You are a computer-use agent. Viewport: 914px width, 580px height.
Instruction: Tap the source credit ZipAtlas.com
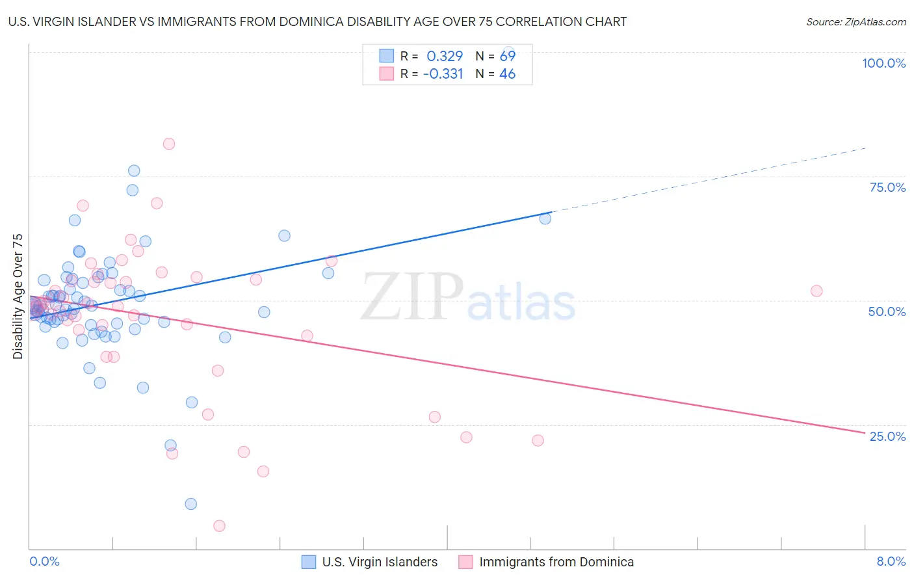855,21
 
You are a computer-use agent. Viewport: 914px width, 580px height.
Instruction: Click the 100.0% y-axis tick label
883,63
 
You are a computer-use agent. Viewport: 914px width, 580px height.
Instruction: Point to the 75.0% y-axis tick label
887,187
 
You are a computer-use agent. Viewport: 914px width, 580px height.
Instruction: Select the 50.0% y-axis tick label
887,311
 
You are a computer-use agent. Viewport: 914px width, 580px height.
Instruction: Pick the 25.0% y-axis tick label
887,436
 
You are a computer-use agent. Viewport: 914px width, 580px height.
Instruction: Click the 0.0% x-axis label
44,562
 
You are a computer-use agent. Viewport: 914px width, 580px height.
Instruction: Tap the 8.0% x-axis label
891,562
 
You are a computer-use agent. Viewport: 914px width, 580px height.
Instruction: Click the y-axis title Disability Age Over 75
18,297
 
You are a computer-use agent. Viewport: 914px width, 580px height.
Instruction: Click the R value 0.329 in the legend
445,57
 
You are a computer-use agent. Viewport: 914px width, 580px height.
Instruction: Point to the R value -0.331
443,74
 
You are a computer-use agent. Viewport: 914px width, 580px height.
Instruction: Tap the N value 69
507,57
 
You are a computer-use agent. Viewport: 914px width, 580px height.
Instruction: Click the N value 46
507,74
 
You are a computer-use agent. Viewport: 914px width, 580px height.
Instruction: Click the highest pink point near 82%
169,144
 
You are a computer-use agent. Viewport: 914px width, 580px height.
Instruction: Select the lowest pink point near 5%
219,526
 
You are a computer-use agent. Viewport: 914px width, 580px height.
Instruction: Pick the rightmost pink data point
816,291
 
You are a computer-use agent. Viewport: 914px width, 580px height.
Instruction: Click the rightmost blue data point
545,218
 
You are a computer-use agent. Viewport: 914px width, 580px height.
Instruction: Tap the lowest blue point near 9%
190,504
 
